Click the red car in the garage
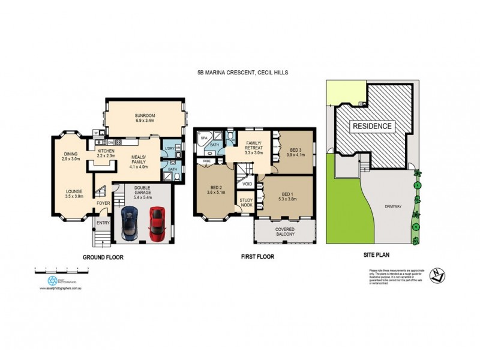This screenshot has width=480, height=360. (157, 222)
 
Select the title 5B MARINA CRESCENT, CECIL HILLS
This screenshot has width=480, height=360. (242, 72)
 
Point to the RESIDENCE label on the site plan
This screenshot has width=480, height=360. (372, 126)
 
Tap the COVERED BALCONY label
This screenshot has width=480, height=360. (284, 232)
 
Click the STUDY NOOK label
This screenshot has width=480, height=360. (247, 203)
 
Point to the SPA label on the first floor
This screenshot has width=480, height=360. (204, 138)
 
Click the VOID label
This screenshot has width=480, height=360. (247, 184)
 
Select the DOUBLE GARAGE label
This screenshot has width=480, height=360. (142, 190)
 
